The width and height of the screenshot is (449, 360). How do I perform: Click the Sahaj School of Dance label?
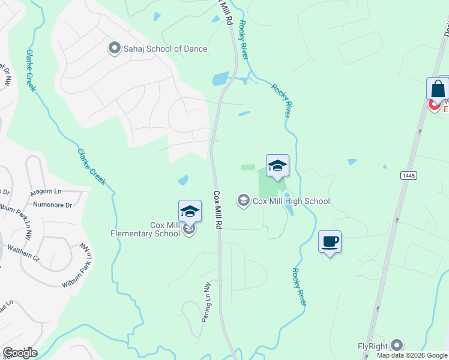click(166, 49)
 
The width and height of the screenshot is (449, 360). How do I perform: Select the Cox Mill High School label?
click(291, 202)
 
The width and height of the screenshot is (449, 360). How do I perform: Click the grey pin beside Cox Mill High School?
click(244, 200)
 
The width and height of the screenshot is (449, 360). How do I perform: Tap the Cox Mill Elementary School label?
click(164, 229)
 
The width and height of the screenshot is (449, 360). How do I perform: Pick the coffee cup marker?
click(330, 242)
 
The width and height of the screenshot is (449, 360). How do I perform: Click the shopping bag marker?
click(438, 89)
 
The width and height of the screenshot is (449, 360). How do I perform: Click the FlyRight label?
click(372, 346)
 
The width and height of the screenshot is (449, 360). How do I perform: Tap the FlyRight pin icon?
click(396, 345)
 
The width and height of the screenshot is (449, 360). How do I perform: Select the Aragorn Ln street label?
click(46, 193)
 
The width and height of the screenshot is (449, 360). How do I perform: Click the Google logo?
click(20, 353)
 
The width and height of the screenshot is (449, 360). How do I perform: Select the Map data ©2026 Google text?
click(412, 355)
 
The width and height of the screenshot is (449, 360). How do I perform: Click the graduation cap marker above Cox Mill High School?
click(277, 166)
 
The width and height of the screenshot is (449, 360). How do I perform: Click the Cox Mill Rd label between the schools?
click(218, 209)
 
